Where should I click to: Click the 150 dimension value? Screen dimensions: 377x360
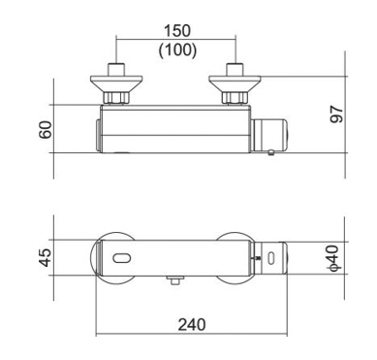[177, 31]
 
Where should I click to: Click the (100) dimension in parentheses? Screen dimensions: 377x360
[177, 50]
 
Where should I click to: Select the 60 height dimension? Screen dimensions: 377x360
[46, 130]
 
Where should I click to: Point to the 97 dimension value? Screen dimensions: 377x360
[336, 115]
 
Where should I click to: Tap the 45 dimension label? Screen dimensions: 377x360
[46, 257]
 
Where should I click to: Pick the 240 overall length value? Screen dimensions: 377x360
[192, 325]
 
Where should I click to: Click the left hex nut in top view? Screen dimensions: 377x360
[116, 98]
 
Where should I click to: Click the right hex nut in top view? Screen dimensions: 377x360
[235, 98]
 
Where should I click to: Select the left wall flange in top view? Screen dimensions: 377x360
[116, 83]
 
